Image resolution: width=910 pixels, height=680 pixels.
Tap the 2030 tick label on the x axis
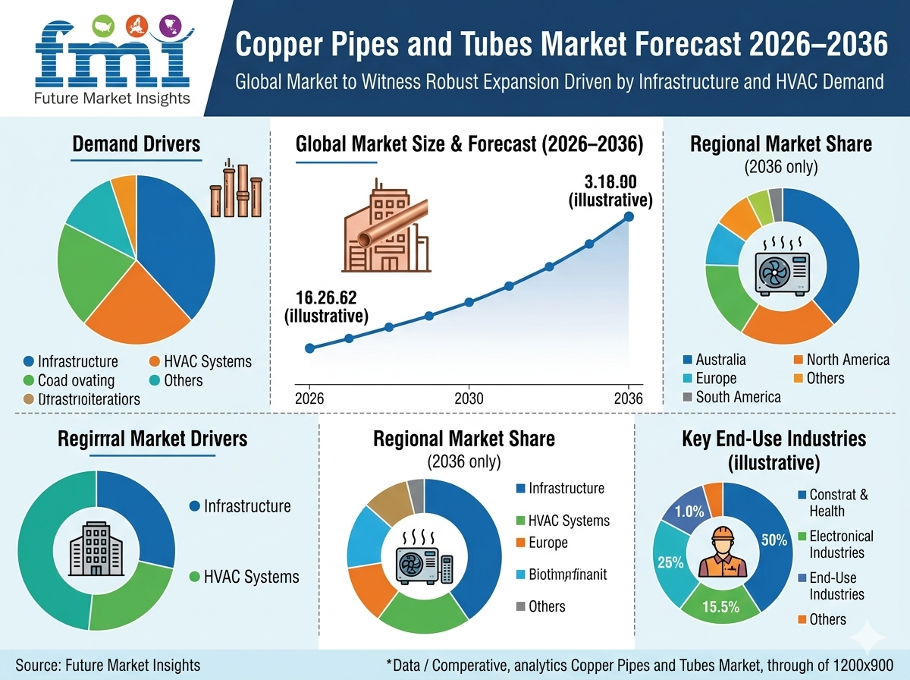tap(469, 398)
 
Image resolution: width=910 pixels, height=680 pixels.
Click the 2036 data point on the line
tap(629, 216)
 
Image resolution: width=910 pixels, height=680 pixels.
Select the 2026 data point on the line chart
tap(309, 348)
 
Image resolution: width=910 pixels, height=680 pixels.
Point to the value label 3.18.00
tap(610, 183)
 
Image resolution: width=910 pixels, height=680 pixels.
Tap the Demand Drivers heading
tap(136, 143)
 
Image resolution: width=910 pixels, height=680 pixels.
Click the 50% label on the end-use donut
tap(774, 540)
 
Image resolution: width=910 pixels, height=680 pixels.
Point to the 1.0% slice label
tap(689, 511)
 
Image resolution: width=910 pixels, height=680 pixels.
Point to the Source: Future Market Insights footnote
tap(108, 665)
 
